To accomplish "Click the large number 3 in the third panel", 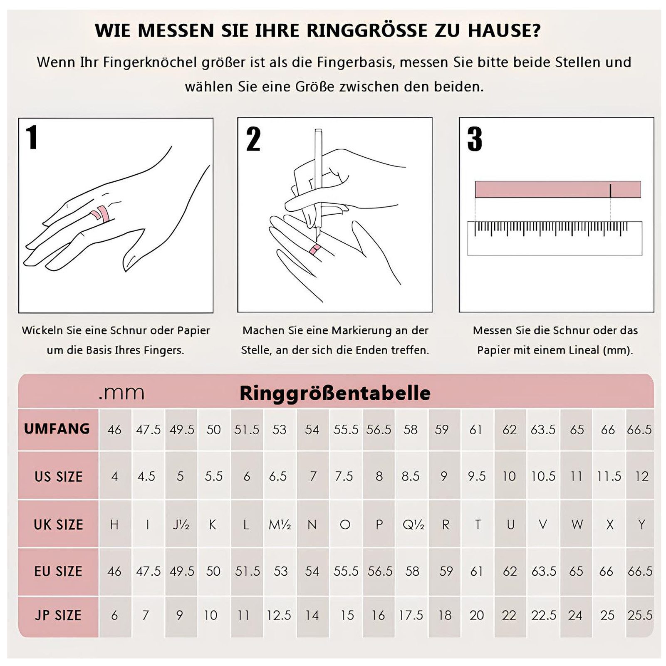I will click(474, 139).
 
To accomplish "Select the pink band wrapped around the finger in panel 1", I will click(102, 214).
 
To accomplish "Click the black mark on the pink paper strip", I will click(610, 191).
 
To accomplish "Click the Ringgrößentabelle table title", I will click(335, 393).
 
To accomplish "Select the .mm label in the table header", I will click(121, 392).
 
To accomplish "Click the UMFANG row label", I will click(57, 429).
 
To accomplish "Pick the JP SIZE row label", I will click(58, 615).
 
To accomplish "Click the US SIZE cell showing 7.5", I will click(344, 476).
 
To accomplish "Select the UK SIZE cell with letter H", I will click(114, 525).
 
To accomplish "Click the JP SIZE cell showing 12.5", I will click(279, 615).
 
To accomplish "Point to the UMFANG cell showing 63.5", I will click(543, 429).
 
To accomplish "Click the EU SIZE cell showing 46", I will click(114, 571).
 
